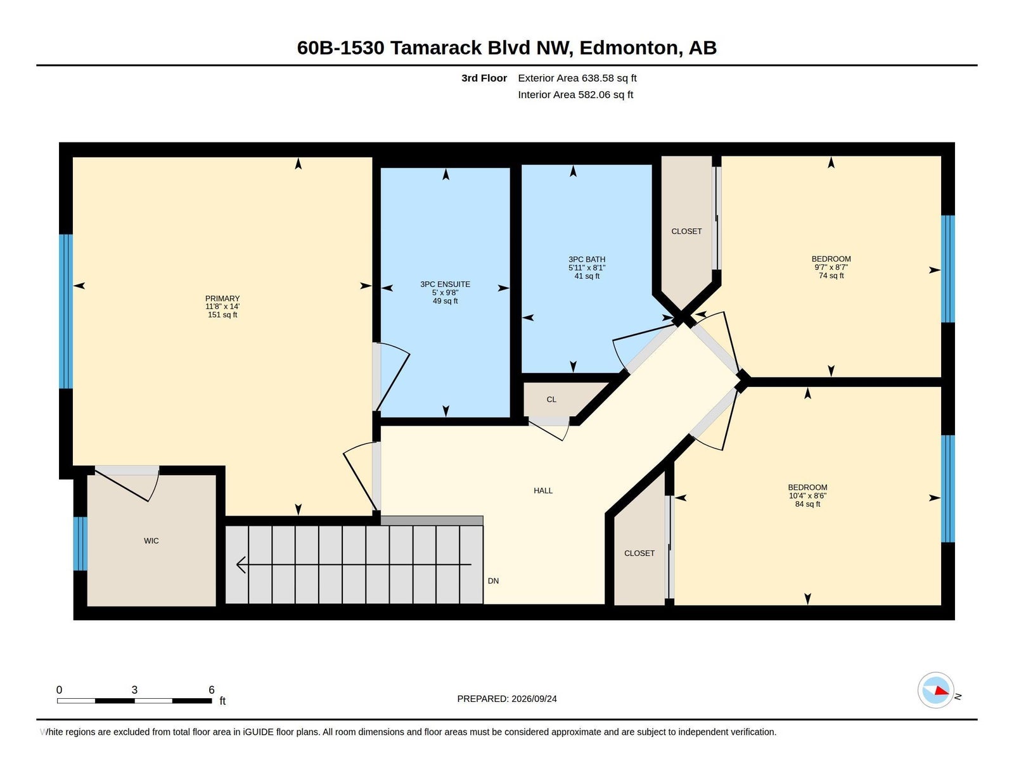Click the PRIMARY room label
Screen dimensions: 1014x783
222,298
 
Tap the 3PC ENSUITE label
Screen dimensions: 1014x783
445,284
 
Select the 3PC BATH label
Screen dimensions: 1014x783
587,259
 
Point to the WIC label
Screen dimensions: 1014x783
151,541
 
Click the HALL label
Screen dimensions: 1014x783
543,490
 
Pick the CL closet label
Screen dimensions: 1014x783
551,400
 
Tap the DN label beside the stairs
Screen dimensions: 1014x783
493,581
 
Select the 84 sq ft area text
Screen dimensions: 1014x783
808,504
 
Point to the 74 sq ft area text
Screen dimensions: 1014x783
831,276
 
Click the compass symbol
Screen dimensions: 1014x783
935,691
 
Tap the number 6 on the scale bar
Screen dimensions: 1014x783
212,690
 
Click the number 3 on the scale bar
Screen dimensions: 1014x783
134,690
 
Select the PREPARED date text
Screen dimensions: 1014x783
507,699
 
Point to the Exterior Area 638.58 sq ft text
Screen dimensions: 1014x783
577,78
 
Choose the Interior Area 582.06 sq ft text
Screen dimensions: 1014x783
575,94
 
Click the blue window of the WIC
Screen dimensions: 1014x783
80,544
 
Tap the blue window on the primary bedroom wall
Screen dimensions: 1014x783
66,312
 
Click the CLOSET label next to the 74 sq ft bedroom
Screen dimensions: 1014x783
686,231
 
